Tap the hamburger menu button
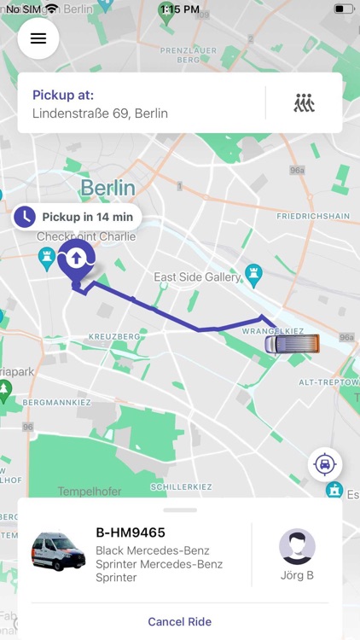pos(38,38)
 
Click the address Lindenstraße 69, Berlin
pos(100,113)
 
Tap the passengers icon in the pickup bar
pos(304,103)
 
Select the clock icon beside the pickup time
pos(26,217)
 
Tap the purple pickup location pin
pos(76,259)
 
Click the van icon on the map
pos(292,344)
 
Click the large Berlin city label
pos(107,188)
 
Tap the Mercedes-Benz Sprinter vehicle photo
pos(58,552)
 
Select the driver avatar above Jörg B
pos(297,546)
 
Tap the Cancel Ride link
pos(179,622)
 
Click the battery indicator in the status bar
pos(343,9)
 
